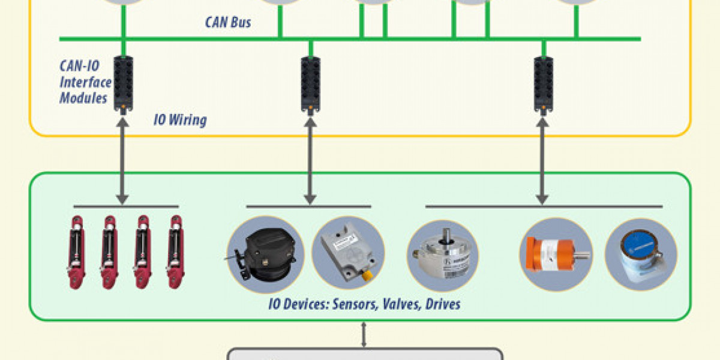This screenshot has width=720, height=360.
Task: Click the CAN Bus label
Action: click(228, 23)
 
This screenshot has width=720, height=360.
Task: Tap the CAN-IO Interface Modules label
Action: click(85, 82)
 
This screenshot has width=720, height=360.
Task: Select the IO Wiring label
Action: click(180, 120)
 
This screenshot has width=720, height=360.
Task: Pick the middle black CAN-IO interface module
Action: click(310, 83)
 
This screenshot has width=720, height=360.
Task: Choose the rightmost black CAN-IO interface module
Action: click(544, 83)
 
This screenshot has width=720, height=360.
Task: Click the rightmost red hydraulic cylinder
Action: click(176, 248)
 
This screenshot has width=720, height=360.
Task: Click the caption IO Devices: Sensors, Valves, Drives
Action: click(364, 304)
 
